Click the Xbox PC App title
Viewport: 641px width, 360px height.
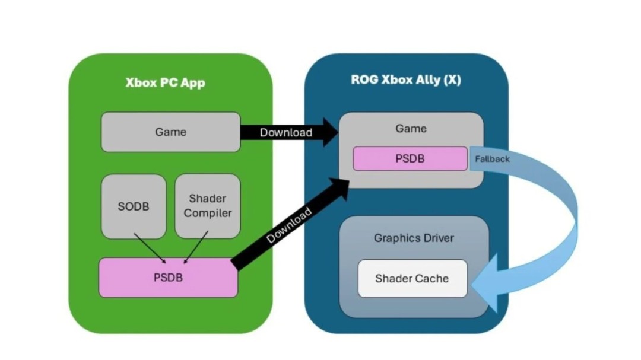point(165,82)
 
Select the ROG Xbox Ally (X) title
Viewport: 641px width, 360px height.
point(405,80)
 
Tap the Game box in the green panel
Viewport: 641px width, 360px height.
point(170,132)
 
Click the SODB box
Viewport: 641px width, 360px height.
point(134,206)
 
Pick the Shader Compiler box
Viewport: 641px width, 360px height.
point(208,206)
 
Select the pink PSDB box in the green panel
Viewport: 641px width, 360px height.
point(168,277)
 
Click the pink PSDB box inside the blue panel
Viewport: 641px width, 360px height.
point(410,158)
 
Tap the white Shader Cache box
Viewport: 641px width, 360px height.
point(412,278)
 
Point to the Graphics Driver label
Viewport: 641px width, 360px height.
point(414,238)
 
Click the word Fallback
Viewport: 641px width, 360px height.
point(492,159)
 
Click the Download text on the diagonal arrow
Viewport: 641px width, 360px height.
point(289,225)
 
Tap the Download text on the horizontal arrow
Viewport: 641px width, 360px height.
point(285,132)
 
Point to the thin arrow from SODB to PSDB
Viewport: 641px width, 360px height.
point(150,247)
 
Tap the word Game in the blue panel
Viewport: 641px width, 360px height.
point(411,128)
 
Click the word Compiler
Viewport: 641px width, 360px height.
point(208,213)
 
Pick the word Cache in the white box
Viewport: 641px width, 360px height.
point(431,278)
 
